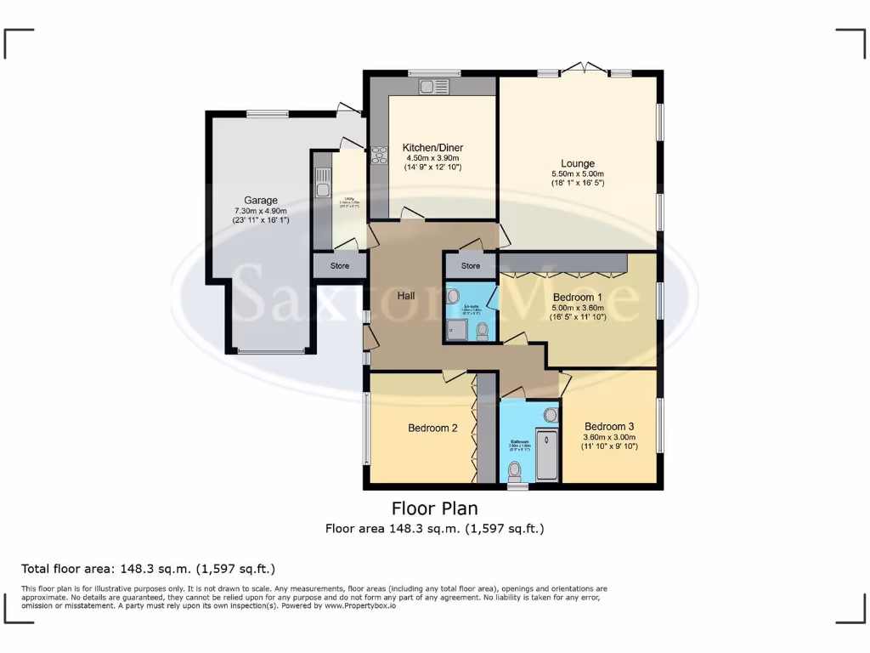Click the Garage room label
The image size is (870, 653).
click(261, 201)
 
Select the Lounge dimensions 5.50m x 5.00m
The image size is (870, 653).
click(577, 173)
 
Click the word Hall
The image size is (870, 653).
click(406, 296)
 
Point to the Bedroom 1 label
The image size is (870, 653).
click(578, 297)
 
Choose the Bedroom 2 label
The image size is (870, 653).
click(432, 428)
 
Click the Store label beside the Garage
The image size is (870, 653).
click(339, 266)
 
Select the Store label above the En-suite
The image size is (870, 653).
click(471, 266)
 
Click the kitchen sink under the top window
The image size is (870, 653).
click(433, 86)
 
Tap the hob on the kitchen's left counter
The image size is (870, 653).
click(378, 156)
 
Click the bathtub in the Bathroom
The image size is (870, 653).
click(547, 455)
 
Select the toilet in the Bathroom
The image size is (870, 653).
click(514, 469)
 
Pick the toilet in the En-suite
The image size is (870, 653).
click(483, 329)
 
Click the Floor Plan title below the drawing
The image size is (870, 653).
click(434, 508)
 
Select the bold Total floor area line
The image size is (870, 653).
click(148, 569)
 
